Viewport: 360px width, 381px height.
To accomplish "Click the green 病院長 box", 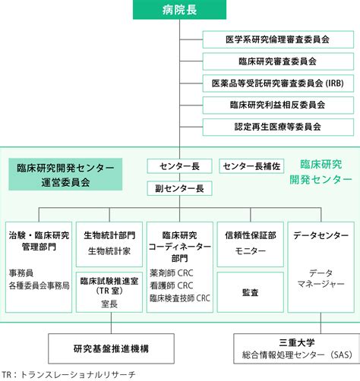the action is click(x=179, y=10).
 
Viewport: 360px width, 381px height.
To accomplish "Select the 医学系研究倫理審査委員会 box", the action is click(x=278, y=39).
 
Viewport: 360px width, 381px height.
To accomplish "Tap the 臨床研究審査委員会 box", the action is click(x=278, y=61).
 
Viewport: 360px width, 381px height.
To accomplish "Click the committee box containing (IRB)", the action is click(x=278, y=83).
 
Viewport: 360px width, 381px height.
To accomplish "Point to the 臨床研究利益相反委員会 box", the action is click(x=278, y=105).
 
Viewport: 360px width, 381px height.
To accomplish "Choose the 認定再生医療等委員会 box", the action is click(x=278, y=127).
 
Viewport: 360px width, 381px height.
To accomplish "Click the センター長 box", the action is click(x=179, y=166).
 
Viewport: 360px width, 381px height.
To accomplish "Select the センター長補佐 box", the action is click(x=251, y=166).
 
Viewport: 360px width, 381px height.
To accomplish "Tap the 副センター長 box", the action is click(x=179, y=188).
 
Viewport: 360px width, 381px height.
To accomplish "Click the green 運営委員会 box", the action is click(x=65, y=175).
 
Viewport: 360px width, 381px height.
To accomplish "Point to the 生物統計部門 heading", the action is click(x=109, y=235).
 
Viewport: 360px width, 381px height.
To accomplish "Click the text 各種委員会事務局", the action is click(x=39, y=285).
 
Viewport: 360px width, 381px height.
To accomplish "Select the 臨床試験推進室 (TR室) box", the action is click(x=109, y=292).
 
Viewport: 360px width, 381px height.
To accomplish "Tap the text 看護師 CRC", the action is click(x=172, y=285).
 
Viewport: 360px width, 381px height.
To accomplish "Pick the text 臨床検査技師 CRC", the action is click(x=180, y=298).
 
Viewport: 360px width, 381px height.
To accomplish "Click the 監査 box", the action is click(x=251, y=292).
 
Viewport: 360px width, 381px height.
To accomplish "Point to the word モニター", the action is click(x=251, y=251).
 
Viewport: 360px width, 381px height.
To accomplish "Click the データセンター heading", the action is click(x=321, y=235).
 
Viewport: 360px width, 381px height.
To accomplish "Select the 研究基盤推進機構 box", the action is click(x=111, y=348).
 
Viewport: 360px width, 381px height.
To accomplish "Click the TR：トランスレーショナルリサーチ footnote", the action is click(x=69, y=375).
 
